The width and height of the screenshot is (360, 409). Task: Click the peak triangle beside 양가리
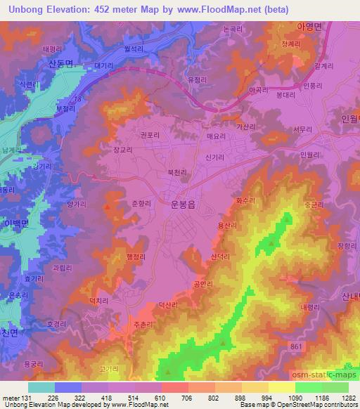[x=107, y=207]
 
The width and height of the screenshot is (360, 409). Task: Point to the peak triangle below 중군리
[x=273, y=243]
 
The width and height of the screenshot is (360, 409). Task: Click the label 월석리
[x=153, y=48]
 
